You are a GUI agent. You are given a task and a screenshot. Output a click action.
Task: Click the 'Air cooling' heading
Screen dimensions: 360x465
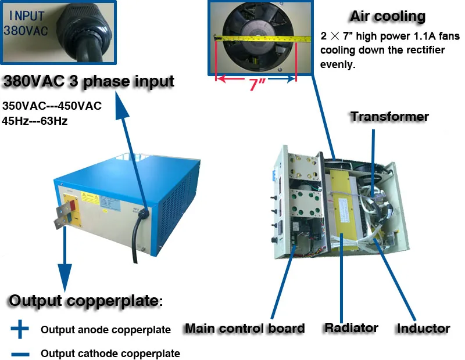tap(388, 16)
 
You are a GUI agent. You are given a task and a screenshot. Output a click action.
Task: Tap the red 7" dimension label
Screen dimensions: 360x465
tap(256, 85)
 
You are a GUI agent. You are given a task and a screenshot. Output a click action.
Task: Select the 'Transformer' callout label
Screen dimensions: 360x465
tap(389, 117)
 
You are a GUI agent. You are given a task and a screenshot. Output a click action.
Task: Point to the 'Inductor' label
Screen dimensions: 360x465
tap(423, 329)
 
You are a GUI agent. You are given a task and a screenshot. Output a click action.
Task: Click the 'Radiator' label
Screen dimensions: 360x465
tap(351, 328)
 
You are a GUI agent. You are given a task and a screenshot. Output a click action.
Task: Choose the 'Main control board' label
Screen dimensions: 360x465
tap(244, 329)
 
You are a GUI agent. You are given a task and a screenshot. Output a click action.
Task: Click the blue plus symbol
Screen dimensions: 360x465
tap(20, 329)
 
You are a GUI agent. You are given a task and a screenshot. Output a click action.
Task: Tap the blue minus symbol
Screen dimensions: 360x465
tap(20, 353)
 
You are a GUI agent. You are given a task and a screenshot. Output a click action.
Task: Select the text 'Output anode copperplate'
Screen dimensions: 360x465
tap(105, 330)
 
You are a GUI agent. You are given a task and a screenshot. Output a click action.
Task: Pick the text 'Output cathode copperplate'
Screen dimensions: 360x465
tap(110, 354)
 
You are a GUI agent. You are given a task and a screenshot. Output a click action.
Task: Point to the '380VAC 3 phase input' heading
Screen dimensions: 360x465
tap(88, 81)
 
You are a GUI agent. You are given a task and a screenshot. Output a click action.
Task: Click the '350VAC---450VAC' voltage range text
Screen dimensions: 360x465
tap(52, 106)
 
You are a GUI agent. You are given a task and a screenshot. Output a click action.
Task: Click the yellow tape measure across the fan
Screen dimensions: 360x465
tap(256, 38)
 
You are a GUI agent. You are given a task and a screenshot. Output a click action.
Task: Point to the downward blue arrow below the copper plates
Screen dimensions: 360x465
tap(64, 267)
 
